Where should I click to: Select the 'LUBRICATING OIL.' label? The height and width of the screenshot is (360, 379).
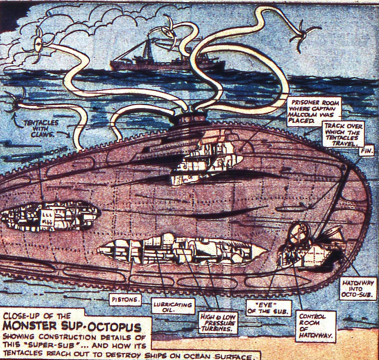pos(173,307)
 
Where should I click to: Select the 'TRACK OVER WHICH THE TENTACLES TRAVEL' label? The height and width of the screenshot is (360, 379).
pos(343,134)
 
